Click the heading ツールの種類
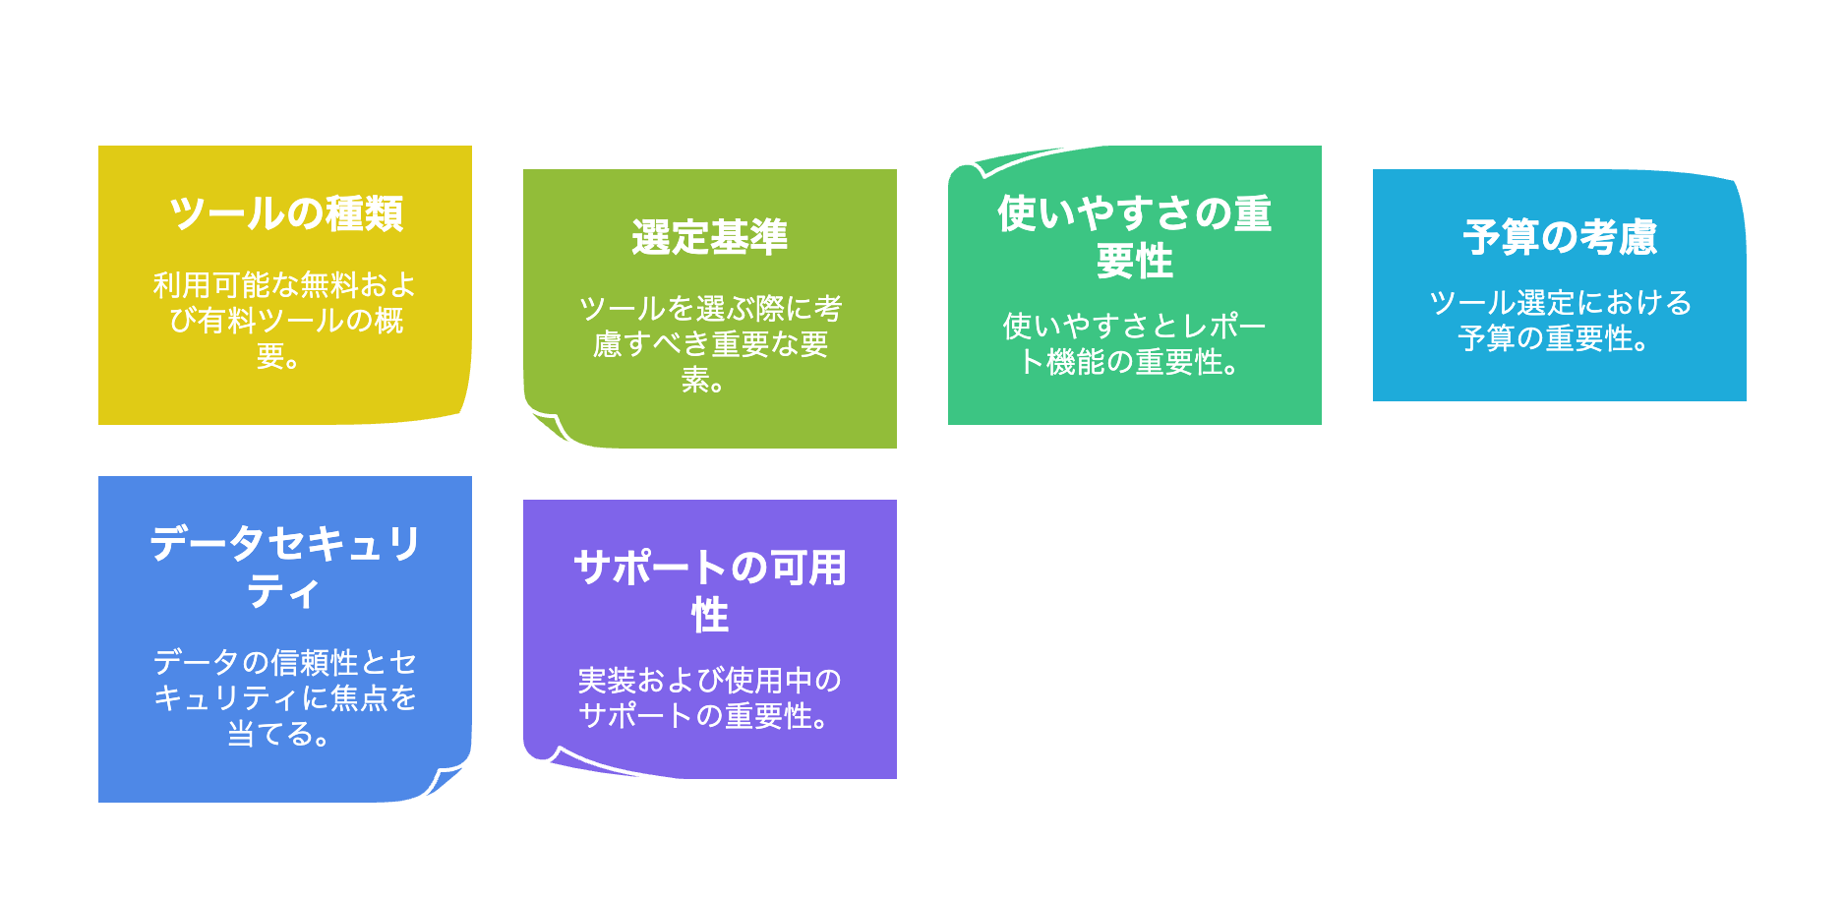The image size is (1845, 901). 285,213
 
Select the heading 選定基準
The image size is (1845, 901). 709,237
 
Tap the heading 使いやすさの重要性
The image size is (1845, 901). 1134,237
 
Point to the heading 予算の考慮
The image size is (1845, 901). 1559,237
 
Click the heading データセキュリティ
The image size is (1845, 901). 284,568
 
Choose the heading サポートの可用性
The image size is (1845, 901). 709,591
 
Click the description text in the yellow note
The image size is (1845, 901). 284,320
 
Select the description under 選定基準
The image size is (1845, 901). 709,343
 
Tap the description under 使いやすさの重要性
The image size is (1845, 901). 1134,343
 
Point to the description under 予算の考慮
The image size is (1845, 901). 1559,320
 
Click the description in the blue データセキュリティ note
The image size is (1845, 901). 284,697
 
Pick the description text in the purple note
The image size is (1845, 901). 709,697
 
